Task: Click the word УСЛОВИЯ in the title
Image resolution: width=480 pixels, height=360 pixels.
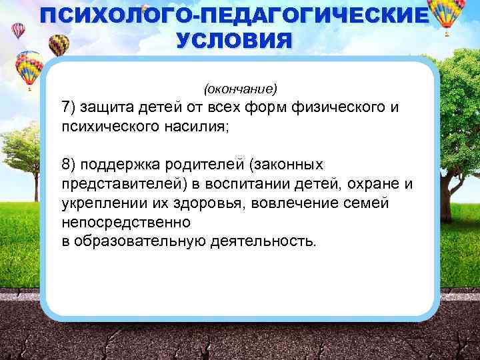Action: (234, 39)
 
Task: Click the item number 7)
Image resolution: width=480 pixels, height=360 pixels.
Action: (69, 107)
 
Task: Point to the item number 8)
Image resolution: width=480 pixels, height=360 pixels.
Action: (69, 164)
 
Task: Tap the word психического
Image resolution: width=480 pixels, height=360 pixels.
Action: (107, 126)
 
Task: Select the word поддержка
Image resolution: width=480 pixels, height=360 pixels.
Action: (121, 164)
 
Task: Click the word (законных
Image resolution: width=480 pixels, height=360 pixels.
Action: (283, 164)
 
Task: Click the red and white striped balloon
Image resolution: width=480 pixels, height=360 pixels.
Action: (18, 30)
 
